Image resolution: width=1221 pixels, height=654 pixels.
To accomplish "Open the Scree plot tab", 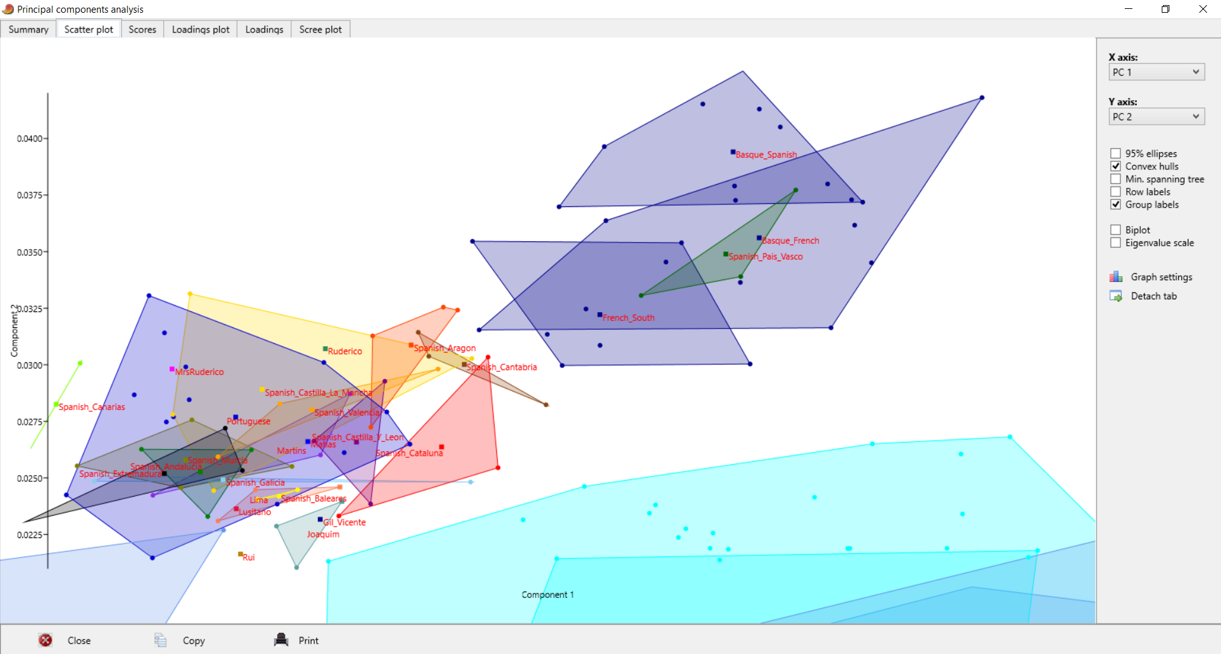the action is (320, 29).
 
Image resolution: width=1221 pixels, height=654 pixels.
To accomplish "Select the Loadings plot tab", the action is (200, 29).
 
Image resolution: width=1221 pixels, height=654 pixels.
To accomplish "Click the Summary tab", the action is (29, 29).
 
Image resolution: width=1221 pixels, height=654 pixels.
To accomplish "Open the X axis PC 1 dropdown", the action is (1156, 72).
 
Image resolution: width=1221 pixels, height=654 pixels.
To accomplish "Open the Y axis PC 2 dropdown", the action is (1156, 117).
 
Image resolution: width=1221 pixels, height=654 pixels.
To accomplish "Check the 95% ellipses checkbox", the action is (1116, 153).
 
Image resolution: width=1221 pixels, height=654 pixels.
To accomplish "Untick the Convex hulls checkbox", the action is (1116, 166).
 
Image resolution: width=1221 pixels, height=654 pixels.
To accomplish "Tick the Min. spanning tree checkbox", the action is (1116, 179).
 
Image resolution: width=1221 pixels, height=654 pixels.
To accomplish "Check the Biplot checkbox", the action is (1116, 230).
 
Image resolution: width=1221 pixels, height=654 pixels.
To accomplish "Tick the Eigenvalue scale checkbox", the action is (1116, 243).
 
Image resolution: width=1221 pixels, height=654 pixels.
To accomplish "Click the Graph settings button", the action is (1160, 277).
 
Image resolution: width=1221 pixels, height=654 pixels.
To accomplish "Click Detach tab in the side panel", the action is (1153, 296).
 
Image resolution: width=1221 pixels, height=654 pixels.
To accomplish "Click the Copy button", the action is (193, 641).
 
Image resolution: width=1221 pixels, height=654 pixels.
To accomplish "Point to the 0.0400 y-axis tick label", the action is (29, 139).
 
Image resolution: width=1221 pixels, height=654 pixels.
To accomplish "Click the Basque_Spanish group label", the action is (766, 155).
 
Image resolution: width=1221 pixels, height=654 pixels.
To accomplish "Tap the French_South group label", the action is (628, 318).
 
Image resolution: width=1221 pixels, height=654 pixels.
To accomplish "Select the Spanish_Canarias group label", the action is (92, 407).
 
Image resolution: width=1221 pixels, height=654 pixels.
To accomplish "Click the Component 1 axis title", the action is (547, 595).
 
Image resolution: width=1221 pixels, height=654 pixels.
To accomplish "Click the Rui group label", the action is (249, 557).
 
